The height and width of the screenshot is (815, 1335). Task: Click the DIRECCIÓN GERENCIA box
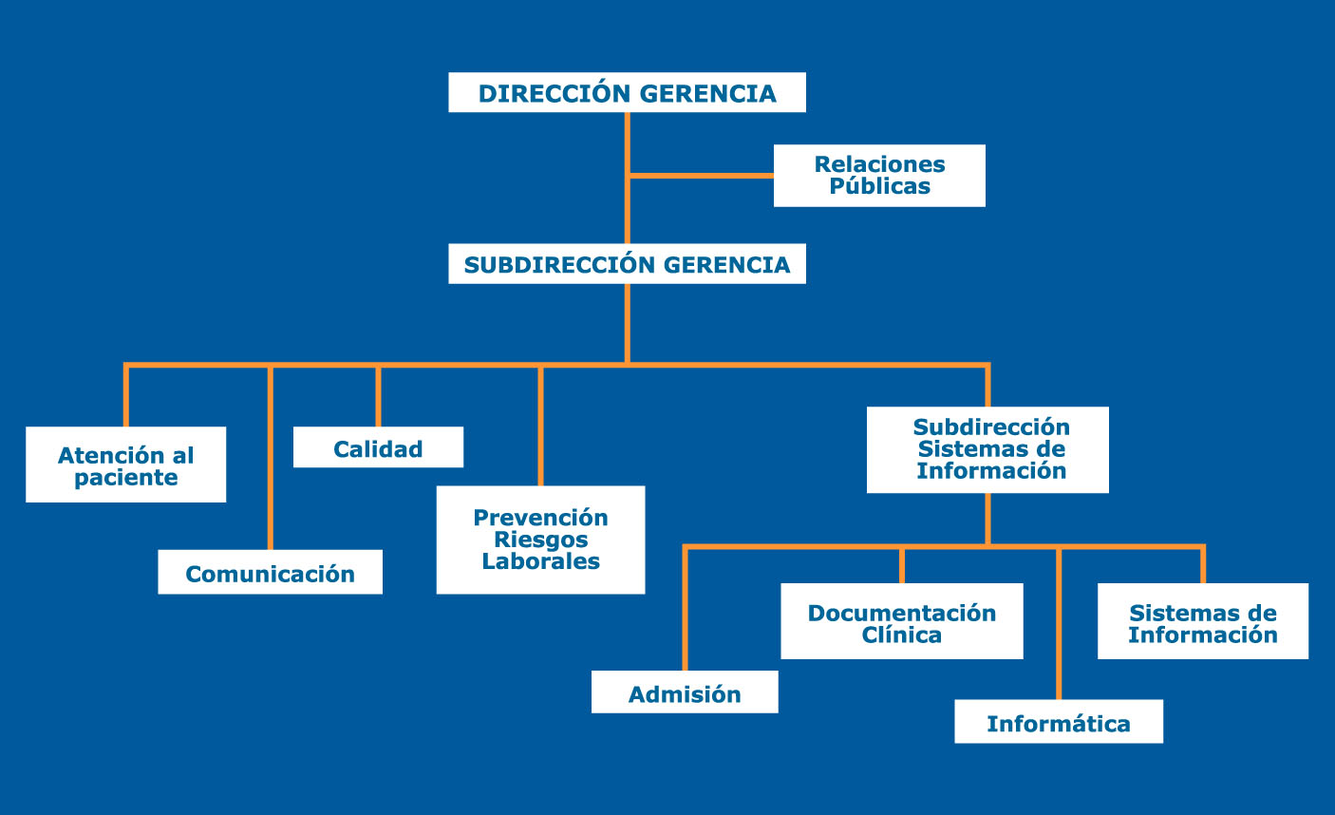coord(627,92)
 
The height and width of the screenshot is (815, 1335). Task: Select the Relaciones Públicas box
coord(879,176)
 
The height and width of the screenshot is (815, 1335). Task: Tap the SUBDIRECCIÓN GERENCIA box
coord(627,263)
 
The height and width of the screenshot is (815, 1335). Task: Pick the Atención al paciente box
coord(125,464)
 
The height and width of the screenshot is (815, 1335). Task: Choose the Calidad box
coord(378,447)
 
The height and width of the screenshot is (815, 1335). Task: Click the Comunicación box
coord(270,572)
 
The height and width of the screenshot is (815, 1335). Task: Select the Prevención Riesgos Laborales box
coord(540,540)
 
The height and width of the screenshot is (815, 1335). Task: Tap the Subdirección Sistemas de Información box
coord(987,449)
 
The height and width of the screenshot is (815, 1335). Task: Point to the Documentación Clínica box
coord(902,621)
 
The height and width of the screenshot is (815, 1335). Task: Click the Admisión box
coord(685,692)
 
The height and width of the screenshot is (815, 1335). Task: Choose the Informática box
coord(1059,721)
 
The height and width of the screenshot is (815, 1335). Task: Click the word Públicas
coord(879,186)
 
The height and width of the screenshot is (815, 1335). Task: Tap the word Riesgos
coord(540,540)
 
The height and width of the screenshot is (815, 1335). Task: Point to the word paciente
coord(125,478)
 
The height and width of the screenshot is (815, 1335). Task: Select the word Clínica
coord(902,635)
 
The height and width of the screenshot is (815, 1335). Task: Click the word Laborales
coord(540,561)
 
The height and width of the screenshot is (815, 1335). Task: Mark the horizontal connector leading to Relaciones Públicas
coord(702,176)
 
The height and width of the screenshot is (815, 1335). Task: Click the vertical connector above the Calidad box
coord(378,397)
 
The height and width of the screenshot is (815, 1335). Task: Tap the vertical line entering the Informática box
coord(1059,624)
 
